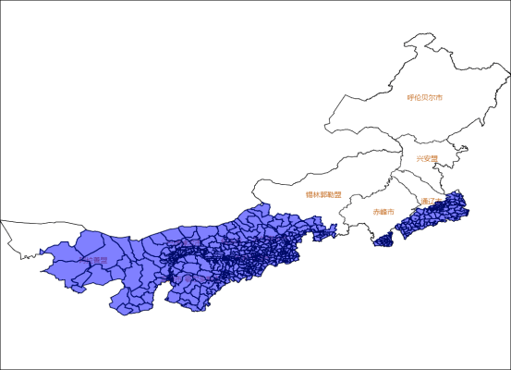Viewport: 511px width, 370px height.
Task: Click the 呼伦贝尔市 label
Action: pyautogui.click(x=425, y=97)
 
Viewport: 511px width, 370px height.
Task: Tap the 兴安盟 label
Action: pyautogui.click(x=427, y=158)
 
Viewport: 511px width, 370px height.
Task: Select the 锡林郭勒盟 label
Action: pyautogui.click(x=323, y=195)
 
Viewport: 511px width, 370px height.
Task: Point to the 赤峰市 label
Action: pyautogui.click(x=383, y=212)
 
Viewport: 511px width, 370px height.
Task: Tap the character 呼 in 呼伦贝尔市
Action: pyautogui.click(x=410, y=97)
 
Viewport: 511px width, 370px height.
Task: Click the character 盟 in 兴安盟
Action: pyautogui.click(x=434, y=158)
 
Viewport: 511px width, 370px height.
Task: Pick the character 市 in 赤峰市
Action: pyautogui.click(x=391, y=212)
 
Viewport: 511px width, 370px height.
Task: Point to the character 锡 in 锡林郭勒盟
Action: pyautogui.click(x=309, y=195)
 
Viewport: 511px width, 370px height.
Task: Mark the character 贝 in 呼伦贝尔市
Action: pyautogui.click(x=425, y=97)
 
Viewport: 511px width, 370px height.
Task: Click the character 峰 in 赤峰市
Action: pyautogui.click(x=383, y=212)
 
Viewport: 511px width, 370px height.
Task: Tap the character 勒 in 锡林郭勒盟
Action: pyautogui.click(x=331, y=195)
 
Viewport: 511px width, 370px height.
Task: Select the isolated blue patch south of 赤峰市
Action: pyautogui.click(x=383, y=240)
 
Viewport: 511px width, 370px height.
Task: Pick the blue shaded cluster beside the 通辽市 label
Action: pyautogui.click(x=444, y=215)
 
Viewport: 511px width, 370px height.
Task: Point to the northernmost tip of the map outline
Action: pyautogui.click(x=426, y=35)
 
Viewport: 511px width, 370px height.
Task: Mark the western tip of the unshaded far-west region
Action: pyautogui.click(x=2, y=221)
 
